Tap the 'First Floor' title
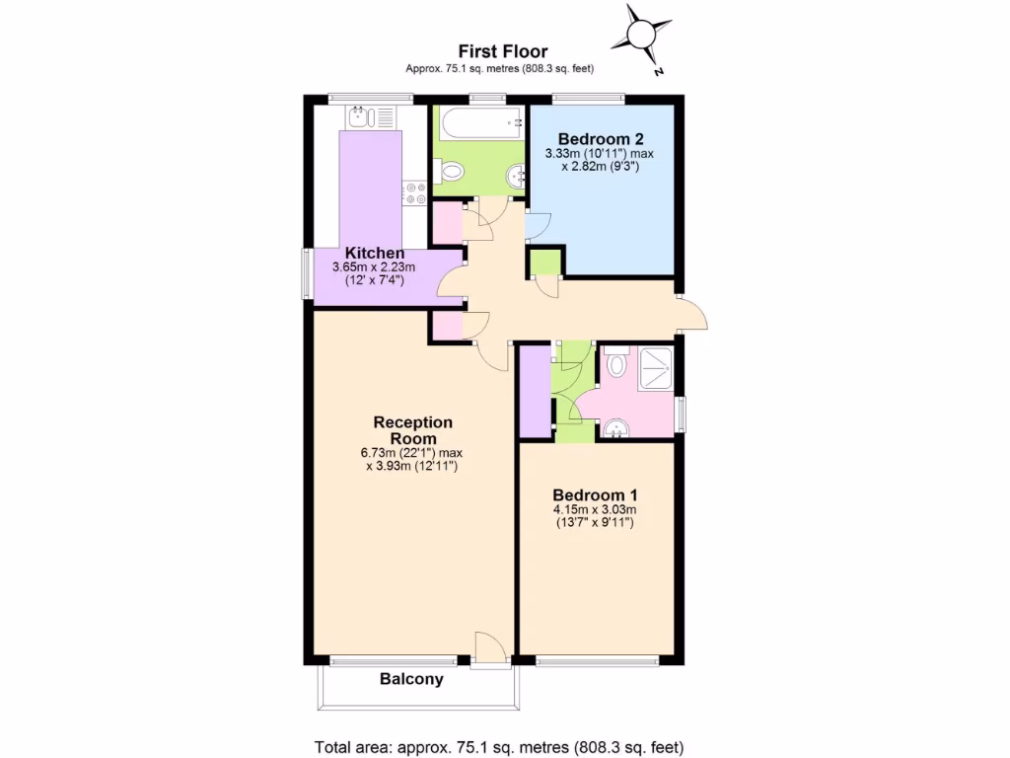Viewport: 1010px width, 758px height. (502, 51)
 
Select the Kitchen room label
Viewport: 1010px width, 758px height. (375, 254)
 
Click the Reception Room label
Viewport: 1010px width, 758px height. (412, 430)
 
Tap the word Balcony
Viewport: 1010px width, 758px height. (411, 679)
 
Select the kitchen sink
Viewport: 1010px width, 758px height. (359, 118)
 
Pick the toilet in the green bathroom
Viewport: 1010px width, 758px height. (452, 173)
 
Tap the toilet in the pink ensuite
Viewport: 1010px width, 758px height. (615, 366)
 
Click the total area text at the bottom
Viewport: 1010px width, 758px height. (498, 747)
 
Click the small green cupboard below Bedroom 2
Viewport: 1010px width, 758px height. (543, 263)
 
